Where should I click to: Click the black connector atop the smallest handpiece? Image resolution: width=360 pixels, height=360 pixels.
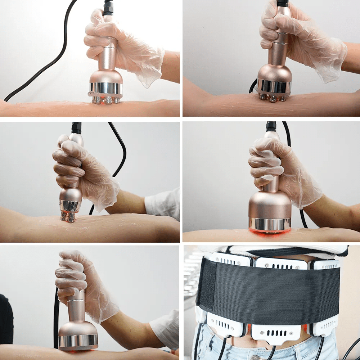[x=76, y=128]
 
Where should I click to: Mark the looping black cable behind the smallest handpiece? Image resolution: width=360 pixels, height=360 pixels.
[x=121, y=151]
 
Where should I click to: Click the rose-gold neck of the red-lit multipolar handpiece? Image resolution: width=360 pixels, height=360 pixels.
[x=110, y=54]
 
